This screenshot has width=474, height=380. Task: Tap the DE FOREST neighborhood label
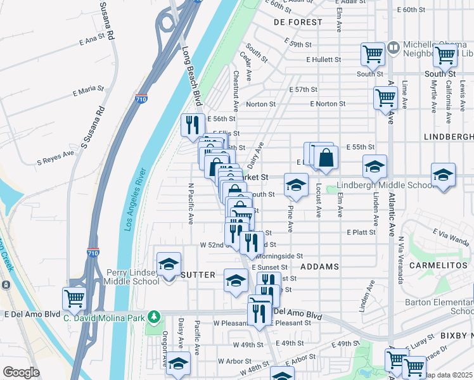[x=298, y=22]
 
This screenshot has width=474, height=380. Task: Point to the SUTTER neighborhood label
[x=198, y=275]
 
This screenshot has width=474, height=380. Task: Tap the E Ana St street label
[x=92, y=39]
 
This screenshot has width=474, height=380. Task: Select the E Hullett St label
[x=323, y=60]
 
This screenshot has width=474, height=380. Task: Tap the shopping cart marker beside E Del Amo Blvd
[x=74, y=298]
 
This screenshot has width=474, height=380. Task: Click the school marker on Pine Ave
[x=295, y=184]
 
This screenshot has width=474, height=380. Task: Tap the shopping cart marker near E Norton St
[x=385, y=98]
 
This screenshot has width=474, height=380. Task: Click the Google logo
[x=21, y=372]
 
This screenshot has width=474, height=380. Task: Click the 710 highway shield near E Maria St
[x=141, y=99]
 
